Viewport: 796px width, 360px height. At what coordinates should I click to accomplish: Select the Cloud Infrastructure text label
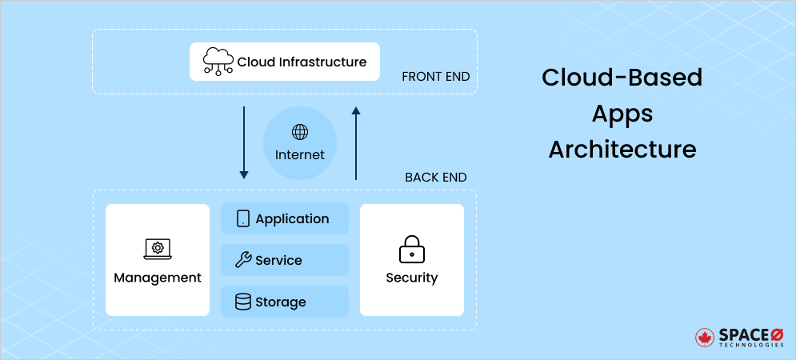point(302,62)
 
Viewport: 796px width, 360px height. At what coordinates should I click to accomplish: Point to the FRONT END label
point(435,77)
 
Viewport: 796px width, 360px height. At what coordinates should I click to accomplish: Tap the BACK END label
point(435,177)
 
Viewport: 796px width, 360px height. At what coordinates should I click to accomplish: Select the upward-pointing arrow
point(356,142)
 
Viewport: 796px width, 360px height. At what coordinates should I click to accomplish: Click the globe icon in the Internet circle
point(300,132)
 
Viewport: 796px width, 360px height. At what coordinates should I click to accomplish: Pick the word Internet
point(300,154)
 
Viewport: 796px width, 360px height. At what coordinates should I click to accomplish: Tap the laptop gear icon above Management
point(158,249)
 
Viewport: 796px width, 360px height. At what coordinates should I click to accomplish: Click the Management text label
point(158,278)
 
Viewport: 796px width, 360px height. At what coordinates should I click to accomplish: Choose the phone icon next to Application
point(243,218)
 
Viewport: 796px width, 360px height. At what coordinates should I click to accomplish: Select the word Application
point(292,218)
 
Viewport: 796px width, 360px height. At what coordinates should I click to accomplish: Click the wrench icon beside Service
point(243,260)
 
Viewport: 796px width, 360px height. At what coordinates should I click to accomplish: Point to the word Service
point(278,260)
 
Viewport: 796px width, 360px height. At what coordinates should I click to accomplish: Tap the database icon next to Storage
point(243,302)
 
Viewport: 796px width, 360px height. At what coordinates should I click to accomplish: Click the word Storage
point(281,302)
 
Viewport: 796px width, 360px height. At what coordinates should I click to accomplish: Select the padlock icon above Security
point(412,249)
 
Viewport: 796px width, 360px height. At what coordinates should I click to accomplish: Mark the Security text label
point(412,278)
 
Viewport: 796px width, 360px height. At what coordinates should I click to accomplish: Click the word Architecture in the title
point(622,150)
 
